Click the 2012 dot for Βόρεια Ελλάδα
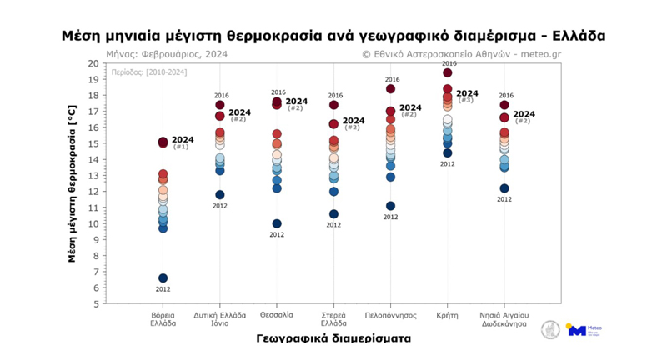point(163,278)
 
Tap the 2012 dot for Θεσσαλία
point(277,223)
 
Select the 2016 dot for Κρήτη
point(448,73)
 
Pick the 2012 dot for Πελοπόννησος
point(390,206)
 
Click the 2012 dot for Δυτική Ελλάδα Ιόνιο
point(220,195)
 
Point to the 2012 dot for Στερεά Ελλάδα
point(333,214)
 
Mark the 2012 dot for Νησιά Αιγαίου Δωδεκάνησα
point(504,188)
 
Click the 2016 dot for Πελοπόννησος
point(390,89)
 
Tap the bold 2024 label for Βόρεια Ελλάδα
point(183,140)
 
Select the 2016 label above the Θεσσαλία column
point(278,93)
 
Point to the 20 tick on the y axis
point(94,63)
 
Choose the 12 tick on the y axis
point(94,192)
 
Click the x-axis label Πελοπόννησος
point(390,315)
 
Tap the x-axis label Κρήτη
point(448,315)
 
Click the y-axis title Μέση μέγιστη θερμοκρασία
point(73,184)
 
